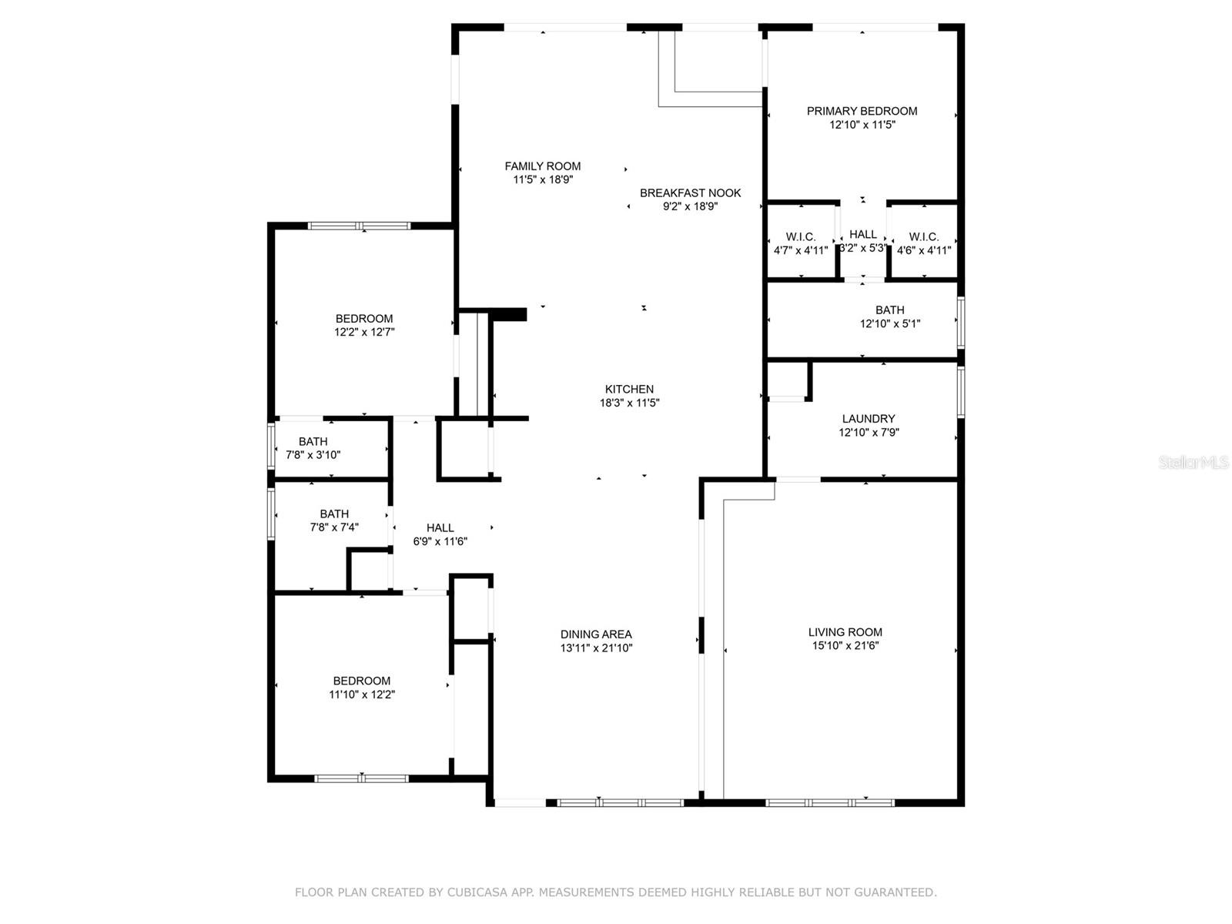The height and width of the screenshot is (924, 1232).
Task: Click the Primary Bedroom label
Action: point(862,111)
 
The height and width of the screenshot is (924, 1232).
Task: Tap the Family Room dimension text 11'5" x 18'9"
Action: point(543,179)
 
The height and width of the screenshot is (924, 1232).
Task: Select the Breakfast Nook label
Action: point(691,193)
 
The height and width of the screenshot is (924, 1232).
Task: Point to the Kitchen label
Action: point(629,389)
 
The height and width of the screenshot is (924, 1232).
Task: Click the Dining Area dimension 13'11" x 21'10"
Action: point(596,648)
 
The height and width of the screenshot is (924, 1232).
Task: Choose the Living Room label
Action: point(845,631)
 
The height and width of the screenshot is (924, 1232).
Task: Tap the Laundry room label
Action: point(869,419)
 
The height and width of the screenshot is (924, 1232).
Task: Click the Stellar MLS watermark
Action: point(1193,462)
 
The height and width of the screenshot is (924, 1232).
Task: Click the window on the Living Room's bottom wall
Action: point(829,803)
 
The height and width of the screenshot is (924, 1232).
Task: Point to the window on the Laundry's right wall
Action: point(961,392)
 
